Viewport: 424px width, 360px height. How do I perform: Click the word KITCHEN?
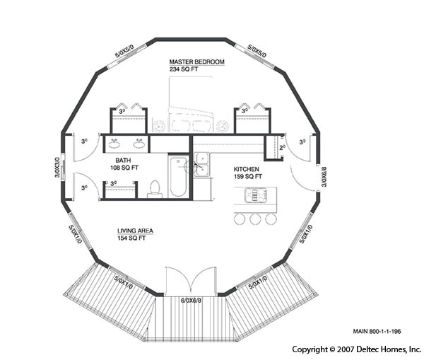(x=247, y=170)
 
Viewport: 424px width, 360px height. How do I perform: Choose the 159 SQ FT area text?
(x=249, y=178)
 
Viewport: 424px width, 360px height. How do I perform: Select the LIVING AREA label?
(x=136, y=231)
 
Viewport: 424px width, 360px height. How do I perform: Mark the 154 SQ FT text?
(x=131, y=239)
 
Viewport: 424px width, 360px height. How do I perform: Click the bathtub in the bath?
(x=177, y=177)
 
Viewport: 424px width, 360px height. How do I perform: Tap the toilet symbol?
(x=155, y=189)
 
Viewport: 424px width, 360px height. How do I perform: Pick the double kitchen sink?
(x=201, y=163)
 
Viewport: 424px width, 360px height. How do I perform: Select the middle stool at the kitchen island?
(x=254, y=219)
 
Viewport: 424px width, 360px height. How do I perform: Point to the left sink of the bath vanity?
(x=116, y=146)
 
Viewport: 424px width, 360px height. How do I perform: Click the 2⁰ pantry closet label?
(x=281, y=148)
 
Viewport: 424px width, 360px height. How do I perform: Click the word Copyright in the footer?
(x=309, y=349)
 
